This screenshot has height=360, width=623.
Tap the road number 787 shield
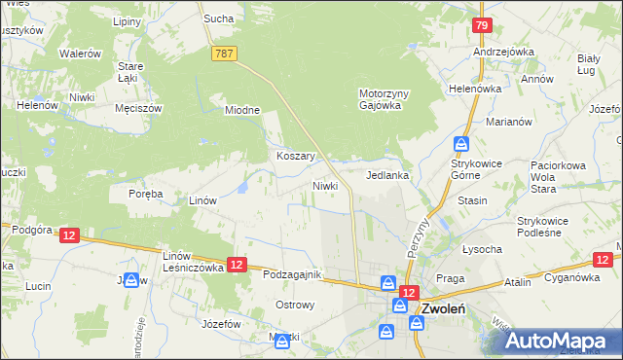click(225, 55)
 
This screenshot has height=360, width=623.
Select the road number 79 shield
click(482, 26)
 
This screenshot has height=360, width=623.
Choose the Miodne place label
click(243, 110)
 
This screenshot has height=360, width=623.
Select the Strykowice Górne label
click(476, 170)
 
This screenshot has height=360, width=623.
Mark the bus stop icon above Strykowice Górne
click(459, 143)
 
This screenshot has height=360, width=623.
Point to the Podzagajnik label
click(292, 275)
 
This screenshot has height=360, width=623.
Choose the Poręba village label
click(145, 194)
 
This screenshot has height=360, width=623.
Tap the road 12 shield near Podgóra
click(68, 235)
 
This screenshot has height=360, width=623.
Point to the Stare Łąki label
click(130, 72)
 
